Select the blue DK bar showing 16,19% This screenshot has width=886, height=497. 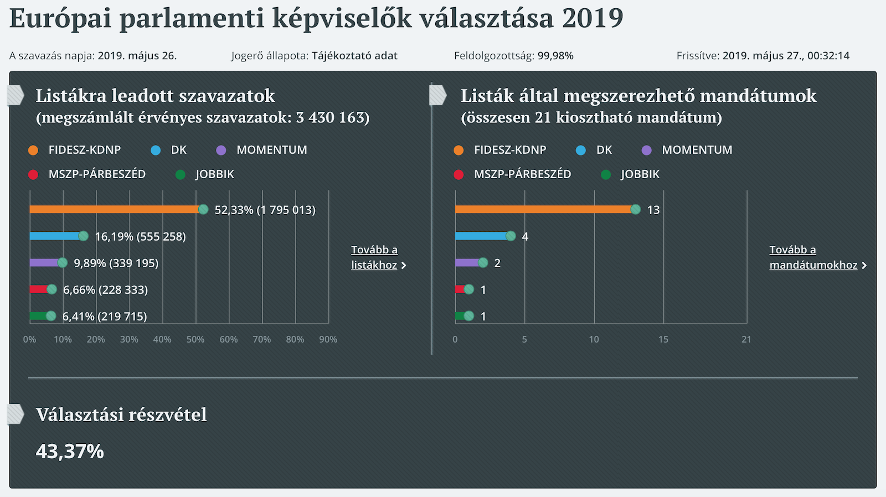(x=55, y=236)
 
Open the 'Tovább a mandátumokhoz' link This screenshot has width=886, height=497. (x=814, y=257)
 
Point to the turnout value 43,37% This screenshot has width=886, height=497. (x=70, y=452)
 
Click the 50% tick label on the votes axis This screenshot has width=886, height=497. (x=195, y=339)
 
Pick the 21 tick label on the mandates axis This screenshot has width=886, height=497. (x=746, y=339)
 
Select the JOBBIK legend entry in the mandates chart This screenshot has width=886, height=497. (x=640, y=174)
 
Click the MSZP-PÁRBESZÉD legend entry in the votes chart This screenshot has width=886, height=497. (x=97, y=174)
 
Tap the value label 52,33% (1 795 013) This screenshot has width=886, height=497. (x=265, y=210)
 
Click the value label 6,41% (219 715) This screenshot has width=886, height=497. (x=105, y=317)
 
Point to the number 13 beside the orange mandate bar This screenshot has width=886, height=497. (x=653, y=210)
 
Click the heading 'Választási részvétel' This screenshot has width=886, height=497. (x=121, y=415)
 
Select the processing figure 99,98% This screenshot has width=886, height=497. (x=555, y=56)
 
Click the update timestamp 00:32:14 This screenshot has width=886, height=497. (x=828, y=56)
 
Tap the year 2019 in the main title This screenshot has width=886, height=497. (x=593, y=18)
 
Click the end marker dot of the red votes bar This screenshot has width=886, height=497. (x=51, y=289)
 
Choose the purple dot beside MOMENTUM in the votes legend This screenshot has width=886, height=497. (x=221, y=150)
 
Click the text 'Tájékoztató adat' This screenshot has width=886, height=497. (x=354, y=56)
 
